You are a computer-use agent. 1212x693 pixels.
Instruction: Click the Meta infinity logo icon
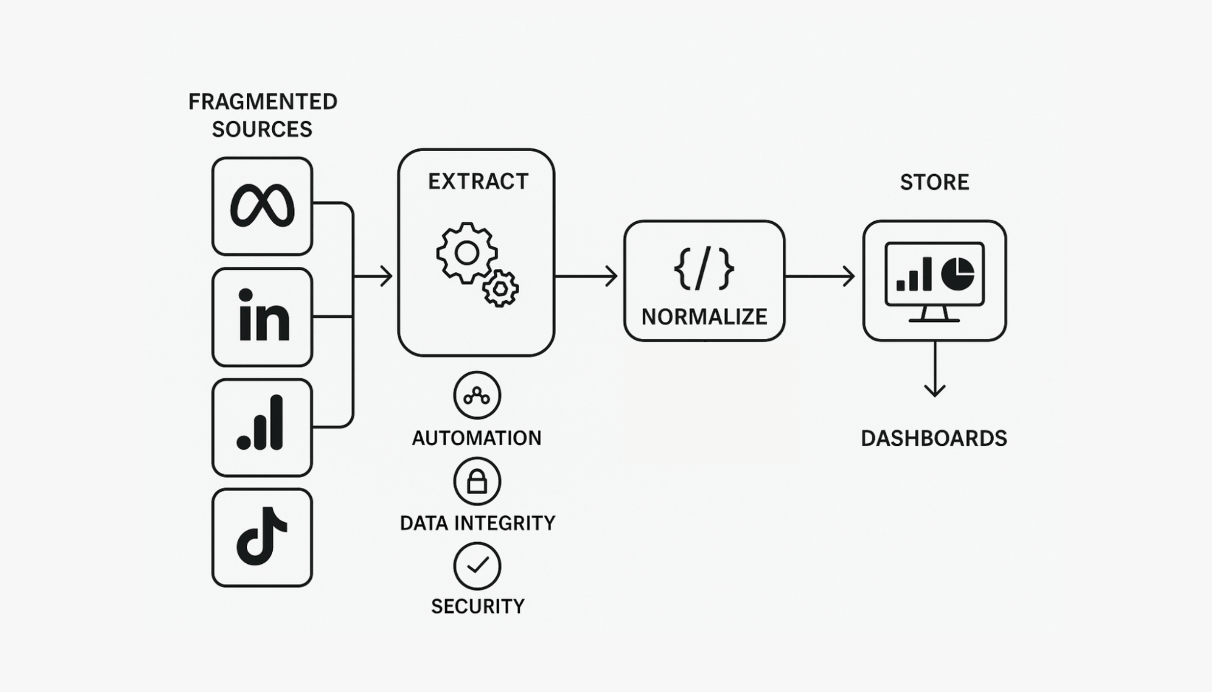[x=262, y=206]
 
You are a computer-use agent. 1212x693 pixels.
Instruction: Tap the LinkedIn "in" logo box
[x=262, y=316]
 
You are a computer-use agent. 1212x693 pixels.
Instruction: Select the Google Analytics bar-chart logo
[x=262, y=427]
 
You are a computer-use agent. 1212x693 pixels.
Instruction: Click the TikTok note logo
[x=262, y=537]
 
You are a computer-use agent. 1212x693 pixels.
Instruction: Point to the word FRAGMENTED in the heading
[x=263, y=101]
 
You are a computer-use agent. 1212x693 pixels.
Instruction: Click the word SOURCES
[x=262, y=129]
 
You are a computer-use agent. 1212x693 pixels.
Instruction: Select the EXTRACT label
[x=478, y=181]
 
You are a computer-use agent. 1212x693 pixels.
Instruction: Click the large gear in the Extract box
[x=466, y=253]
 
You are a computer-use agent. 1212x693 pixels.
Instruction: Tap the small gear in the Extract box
[x=500, y=289]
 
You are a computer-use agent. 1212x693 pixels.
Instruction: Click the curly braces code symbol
[x=704, y=268]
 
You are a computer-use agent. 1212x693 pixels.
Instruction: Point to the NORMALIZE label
[x=704, y=316]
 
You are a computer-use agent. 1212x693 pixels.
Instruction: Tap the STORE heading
[x=934, y=182]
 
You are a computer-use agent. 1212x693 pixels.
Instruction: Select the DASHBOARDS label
[x=934, y=438]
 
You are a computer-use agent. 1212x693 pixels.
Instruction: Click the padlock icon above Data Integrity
[x=477, y=481]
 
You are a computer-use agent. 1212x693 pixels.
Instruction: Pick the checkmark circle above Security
[x=477, y=566]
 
